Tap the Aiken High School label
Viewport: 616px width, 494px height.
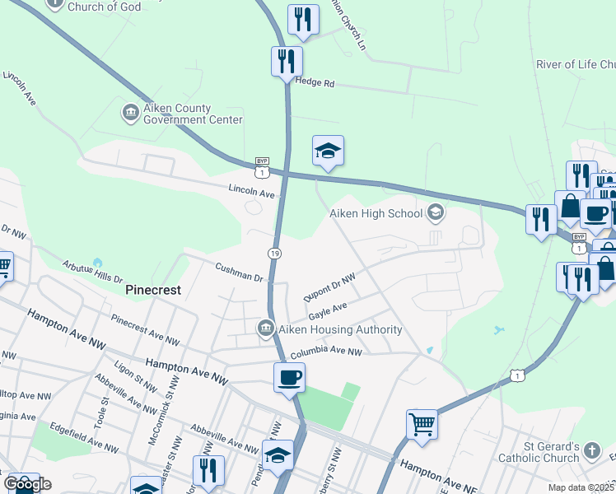375,214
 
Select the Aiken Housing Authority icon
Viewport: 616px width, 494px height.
266,329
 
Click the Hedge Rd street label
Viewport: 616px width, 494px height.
316,83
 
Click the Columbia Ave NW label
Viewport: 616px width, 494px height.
326,352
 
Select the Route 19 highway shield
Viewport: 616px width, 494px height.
273,252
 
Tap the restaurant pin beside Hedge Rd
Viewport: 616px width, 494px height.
287,61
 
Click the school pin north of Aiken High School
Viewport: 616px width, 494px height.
328,151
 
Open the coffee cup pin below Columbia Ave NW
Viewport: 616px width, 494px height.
288,378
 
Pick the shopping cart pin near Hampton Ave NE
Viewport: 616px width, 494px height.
422,425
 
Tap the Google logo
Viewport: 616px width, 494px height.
26,483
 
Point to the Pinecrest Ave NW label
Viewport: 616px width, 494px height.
145,330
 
